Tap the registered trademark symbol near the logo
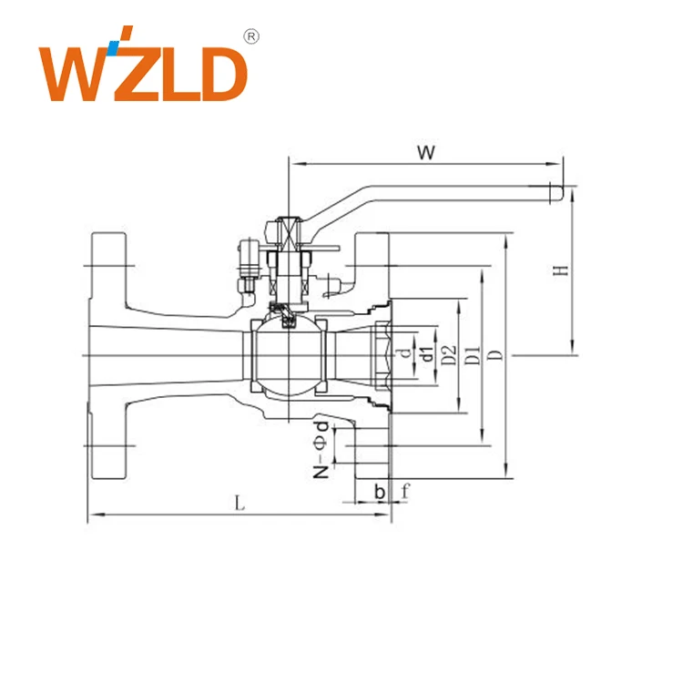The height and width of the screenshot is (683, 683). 252,36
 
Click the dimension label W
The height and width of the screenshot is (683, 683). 424,151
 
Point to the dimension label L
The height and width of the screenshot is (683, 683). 239,502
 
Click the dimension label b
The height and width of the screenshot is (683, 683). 380,491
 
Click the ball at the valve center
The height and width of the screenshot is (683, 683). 284,355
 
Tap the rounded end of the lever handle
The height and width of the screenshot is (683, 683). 554,192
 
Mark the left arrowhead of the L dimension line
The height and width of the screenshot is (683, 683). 92,516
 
